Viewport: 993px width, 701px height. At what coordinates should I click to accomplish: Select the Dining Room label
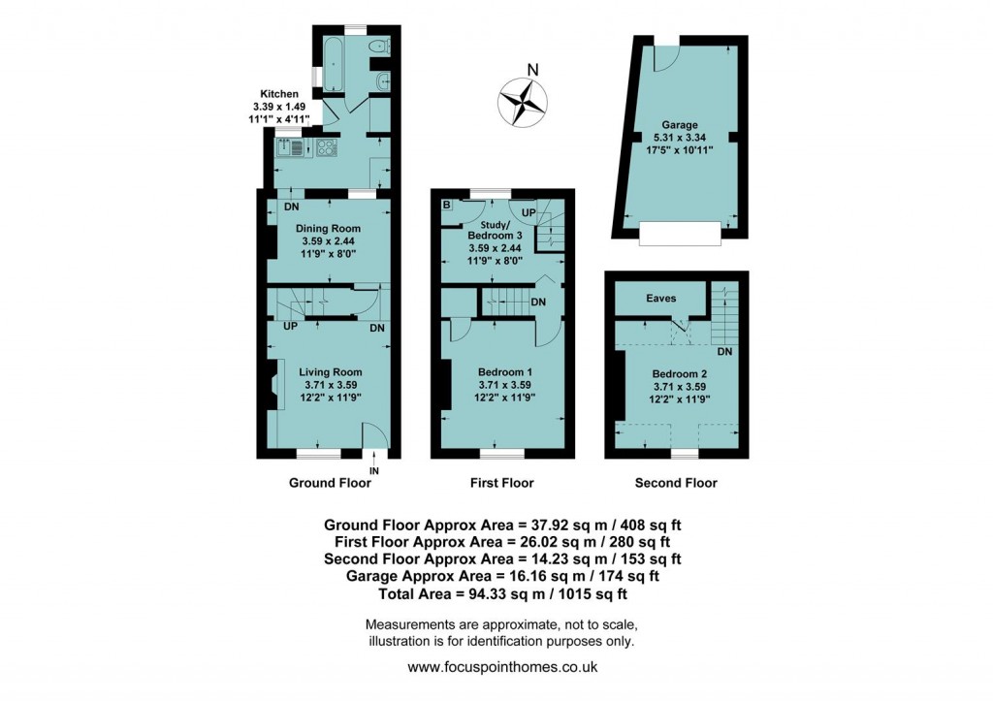[x=327, y=229]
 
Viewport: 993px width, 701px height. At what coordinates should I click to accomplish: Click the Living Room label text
[x=330, y=371]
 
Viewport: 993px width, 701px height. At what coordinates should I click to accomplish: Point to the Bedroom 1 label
[x=504, y=371]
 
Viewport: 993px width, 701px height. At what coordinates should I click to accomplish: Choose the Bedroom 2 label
[x=679, y=374]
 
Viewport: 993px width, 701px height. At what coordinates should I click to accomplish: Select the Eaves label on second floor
[x=661, y=299]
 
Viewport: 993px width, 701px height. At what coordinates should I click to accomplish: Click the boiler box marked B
[x=446, y=205]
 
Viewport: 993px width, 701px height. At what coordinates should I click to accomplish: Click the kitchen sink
[x=291, y=148]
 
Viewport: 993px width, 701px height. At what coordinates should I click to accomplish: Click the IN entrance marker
[x=374, y=470]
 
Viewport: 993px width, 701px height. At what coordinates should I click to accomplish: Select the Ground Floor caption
[x=330, y=483]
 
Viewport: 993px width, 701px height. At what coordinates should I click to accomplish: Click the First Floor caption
[x=501, y=483]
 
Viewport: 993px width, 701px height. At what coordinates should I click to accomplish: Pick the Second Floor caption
[x=676, y=483]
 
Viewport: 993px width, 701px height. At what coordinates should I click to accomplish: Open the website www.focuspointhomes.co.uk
[x=501, y=667]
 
